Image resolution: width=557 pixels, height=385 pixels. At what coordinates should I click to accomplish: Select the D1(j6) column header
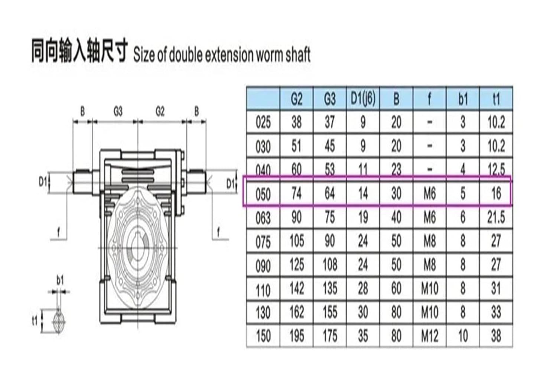(x=363, y=99)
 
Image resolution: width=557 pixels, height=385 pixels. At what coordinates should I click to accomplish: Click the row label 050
(x=263, y=194)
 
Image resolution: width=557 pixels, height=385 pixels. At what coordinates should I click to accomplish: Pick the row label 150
(x=263, y=336)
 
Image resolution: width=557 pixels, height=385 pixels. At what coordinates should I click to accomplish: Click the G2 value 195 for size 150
(x=296, y=336)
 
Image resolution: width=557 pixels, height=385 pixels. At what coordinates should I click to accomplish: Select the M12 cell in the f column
(x=430, y=336)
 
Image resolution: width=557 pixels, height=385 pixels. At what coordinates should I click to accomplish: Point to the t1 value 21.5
(x=496, y=218)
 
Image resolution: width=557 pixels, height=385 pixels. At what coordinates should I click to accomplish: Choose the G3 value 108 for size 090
(x=330, y=265)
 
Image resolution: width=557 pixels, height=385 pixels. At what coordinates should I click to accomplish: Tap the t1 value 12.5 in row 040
(x=496, y=170)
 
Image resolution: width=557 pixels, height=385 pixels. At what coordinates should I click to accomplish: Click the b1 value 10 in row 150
(x=463, y=336)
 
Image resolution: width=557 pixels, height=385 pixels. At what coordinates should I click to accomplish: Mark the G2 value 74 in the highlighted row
(x=296, y=194)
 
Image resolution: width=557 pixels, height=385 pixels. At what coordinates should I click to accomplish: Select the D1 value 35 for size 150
(x=363, y=336)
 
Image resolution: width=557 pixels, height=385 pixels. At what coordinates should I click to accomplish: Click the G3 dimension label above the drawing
(x=118, y=111)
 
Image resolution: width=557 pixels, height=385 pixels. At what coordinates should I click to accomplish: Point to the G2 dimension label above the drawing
(x=160, y=111)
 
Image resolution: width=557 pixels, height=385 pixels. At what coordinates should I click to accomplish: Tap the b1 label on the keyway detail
(x=60, y=280)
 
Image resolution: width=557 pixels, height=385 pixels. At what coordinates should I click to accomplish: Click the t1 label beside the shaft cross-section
(x=35, y=320)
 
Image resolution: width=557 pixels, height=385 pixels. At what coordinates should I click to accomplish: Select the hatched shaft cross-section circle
(x=59, y=320)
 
